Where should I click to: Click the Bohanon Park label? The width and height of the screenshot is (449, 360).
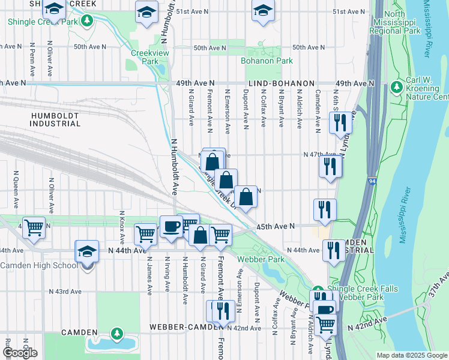267,61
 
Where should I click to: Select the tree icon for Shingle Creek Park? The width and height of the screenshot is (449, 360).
88,22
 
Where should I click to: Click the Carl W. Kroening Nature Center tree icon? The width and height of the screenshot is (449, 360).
396,88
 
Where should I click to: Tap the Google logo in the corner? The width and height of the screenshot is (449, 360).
20,353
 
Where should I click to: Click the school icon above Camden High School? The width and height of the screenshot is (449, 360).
87,251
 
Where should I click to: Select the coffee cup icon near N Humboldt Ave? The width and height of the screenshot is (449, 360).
171,227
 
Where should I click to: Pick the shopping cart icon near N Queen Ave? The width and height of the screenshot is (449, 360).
34,227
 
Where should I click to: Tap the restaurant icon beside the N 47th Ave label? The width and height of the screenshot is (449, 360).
330,165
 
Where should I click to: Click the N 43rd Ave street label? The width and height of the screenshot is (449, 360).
65,291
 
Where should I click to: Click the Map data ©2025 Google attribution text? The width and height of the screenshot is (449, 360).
412,355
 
